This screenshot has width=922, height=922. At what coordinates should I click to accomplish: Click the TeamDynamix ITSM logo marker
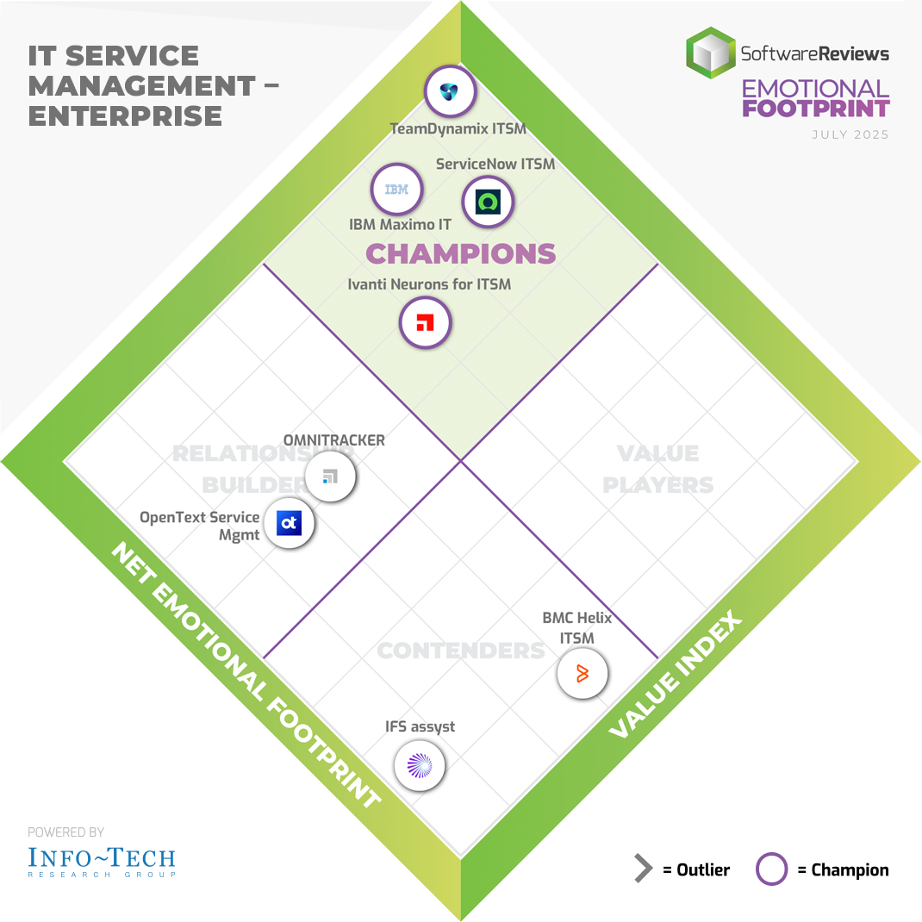(450, 92)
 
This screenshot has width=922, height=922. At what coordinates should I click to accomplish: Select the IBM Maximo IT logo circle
(396, 190)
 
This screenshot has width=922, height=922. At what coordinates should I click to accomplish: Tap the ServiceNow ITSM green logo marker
(489, 202)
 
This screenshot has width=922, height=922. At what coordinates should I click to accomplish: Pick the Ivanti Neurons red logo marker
(425, 323)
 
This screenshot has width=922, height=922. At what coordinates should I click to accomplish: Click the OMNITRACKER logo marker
(330, 477)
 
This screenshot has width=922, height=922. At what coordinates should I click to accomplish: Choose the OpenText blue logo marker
(289, 523)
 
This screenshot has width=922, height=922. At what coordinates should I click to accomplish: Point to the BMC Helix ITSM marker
(582, 674)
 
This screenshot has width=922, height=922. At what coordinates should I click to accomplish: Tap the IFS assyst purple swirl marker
(420, 765)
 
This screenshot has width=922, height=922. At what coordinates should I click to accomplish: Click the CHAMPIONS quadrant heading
(461, 253)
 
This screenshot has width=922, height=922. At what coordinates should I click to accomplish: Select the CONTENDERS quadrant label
(460, 650)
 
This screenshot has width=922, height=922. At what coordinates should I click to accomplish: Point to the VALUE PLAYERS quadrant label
(658, 469)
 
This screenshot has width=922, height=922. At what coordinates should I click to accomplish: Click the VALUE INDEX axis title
(676, 674)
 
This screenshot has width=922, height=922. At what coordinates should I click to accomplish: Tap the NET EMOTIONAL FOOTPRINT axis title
(246, 675)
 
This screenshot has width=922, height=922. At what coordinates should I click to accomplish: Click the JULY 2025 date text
(850, 134)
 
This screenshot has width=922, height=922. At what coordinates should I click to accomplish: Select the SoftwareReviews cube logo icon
(710, 53)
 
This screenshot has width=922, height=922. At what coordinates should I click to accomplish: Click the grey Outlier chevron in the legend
(643, 869)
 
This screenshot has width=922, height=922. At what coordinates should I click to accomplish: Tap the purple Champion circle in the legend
(771, 869)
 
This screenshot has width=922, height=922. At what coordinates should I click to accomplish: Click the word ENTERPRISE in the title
(126, 115)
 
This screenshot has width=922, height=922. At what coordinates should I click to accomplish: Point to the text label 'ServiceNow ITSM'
(495, 164)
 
